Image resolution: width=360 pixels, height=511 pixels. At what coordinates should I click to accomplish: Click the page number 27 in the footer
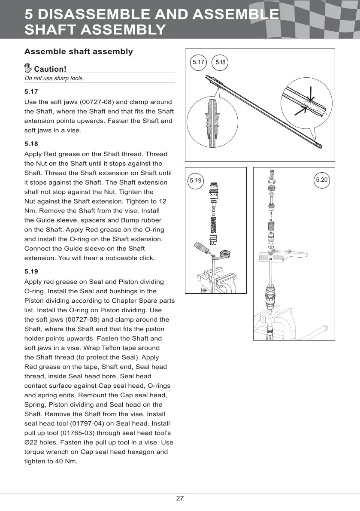tap(180, 499)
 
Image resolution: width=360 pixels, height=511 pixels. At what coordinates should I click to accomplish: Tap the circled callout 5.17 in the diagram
tap(198, 62)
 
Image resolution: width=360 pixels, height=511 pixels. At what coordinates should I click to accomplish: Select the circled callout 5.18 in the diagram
tap(221, 62)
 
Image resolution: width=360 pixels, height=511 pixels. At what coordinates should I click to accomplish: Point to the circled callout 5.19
tap(196, 180)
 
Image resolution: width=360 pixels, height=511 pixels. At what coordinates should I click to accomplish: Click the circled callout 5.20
tap(322, 179)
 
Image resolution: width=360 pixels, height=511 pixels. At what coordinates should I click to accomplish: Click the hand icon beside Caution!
tap(28, 68)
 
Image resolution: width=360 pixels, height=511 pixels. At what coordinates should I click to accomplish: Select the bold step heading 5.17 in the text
tap(31, 91)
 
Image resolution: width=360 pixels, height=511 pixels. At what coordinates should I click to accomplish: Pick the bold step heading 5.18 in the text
tap(31, 143)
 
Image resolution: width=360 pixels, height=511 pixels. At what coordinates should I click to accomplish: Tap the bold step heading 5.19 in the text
tap(31, 271)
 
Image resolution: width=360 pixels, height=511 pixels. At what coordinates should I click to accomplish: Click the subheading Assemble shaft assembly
tap(79, 52)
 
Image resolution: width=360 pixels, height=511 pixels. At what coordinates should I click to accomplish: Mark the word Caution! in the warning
tap(50, 69)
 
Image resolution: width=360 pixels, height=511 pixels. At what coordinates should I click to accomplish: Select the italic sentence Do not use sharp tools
tap(54, 79)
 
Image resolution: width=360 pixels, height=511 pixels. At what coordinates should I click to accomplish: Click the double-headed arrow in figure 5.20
tap(283, 251)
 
